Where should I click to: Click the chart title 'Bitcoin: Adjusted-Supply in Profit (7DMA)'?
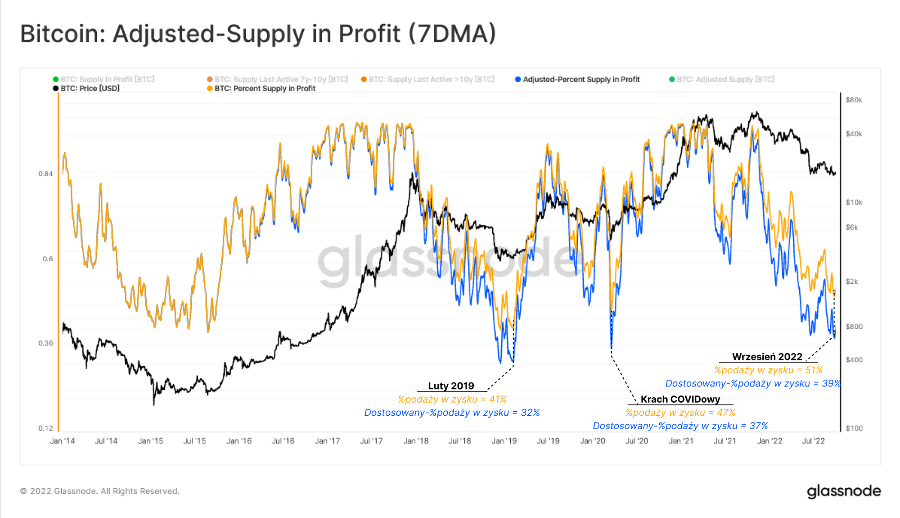click(258, 34)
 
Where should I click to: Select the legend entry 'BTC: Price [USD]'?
click(90, 88)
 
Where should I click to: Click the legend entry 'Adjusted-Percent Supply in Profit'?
click(580, 79)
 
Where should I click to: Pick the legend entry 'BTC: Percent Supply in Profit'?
click(265, 88)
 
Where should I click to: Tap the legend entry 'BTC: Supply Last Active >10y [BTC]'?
click(431, 79)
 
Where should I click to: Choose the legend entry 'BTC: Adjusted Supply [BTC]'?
click(725, 79)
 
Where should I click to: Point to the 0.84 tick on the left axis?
click(45, 174)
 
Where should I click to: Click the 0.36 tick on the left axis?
click(45, 343)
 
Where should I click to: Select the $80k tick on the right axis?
click(854, 100)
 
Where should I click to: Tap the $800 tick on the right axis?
click(854, 327)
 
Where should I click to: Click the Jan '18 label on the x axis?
click(416, 441)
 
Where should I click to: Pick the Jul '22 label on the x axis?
click(813, 441)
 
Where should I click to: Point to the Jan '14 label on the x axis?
click(63, 441)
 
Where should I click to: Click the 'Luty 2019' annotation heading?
click(451, 386)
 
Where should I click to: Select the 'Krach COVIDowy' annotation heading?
click(680, 399)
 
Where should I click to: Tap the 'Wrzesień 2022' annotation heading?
click(767, 357)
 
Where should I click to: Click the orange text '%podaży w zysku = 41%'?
click(452, 400)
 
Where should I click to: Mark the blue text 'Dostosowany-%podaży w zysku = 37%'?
click(680, 426)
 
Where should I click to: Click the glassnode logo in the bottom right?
click(844, 491)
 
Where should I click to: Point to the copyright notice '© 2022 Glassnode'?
click(99, 491)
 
